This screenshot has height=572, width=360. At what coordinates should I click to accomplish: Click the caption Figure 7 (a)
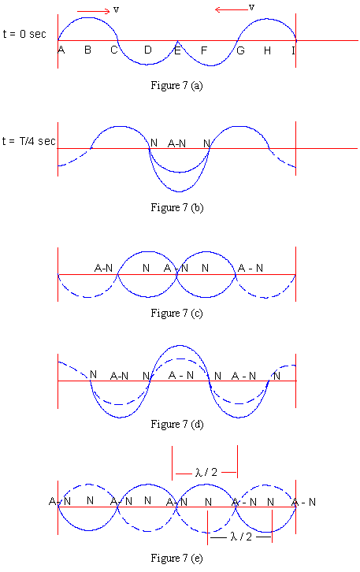[x=177, y=86]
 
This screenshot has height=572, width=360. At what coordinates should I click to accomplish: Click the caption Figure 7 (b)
[x=177, y=208]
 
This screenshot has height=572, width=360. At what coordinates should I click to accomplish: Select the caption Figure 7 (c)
[x=176, y=314]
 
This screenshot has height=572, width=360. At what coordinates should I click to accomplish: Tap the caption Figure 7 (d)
[x=177, y=424]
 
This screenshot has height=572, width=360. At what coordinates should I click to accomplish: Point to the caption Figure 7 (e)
[x=176, y=558]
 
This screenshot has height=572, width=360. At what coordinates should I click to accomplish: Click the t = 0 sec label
[x=24, y=35]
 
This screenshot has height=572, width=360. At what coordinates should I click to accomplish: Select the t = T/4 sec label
[x=29, y=141]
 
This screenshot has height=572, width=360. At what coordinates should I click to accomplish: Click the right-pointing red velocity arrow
[x=94, y=11]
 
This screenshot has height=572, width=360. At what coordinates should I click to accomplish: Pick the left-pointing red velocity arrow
[x=232, y=9]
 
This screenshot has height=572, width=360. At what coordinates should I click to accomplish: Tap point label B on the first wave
[x=88, y=50]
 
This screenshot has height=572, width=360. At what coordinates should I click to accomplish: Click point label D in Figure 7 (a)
[x=148, y=50]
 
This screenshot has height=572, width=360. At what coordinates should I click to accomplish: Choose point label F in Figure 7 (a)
[x=204, y=50]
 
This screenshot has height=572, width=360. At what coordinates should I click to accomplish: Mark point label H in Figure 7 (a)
[x=267, y=50]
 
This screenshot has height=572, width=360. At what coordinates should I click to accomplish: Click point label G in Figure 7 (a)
[x=241, y=50]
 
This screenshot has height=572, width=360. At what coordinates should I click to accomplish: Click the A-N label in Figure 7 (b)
[x=177, y=143]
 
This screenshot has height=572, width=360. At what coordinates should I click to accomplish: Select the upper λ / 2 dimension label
[x=206, y=473]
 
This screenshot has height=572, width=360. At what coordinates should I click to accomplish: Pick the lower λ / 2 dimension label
[x=241, y=537]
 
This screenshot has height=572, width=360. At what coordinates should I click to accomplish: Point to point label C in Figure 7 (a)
[x=114, y=50]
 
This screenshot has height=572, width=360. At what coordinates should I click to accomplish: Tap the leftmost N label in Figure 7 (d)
[x=94, y=375]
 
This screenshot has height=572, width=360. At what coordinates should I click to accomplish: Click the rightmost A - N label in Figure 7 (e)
[x=304, y=503]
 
